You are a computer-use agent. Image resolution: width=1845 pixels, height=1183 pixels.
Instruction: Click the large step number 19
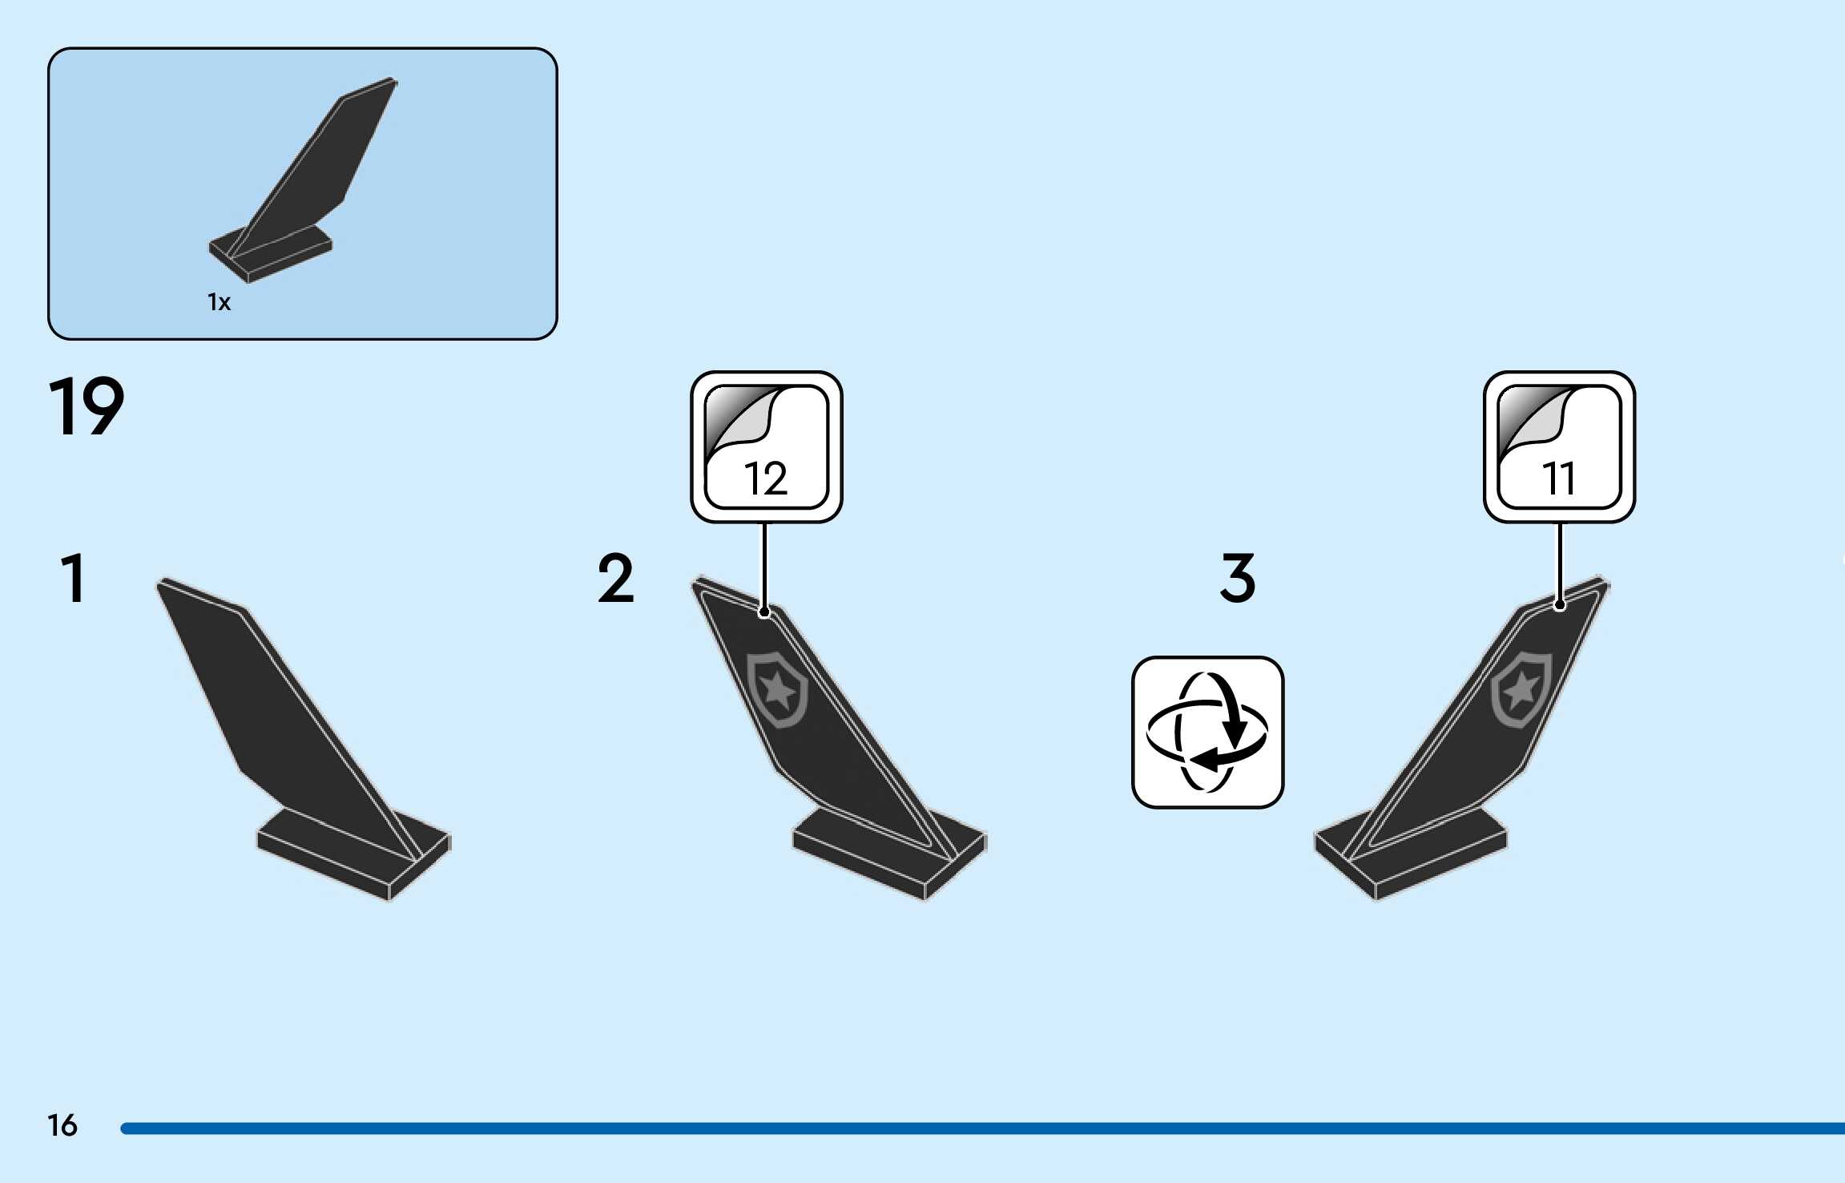click(x=87, y=406)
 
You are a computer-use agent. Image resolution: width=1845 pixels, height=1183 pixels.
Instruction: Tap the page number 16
click(x=62, y=1125)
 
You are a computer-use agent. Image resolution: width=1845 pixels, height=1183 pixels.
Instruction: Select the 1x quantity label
click(x=219, y=302)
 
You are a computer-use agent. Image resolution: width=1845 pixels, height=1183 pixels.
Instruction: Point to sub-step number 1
click(x=73, y=578)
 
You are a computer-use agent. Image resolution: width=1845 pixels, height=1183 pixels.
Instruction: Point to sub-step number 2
click(x=615, y=578)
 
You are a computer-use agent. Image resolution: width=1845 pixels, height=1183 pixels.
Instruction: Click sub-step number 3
click(x=1238, y=578)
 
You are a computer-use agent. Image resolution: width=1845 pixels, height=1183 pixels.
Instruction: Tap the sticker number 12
click(x=766, y=478)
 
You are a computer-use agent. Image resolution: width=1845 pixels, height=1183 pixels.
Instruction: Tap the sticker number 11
click(x=1559, y=478)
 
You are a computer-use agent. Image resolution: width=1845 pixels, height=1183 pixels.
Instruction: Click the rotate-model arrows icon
click(x=1207, y=732)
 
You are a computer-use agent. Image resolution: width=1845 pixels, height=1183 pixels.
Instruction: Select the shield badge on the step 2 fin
click(x=776, y=689)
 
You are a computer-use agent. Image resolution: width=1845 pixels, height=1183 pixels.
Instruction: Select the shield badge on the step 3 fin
click(x=1521, y=689)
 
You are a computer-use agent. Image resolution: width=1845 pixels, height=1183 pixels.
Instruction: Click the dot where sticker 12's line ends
click(x=764, y=612)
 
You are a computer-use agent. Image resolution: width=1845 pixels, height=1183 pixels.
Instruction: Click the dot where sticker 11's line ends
click(x=1559, y=605)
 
